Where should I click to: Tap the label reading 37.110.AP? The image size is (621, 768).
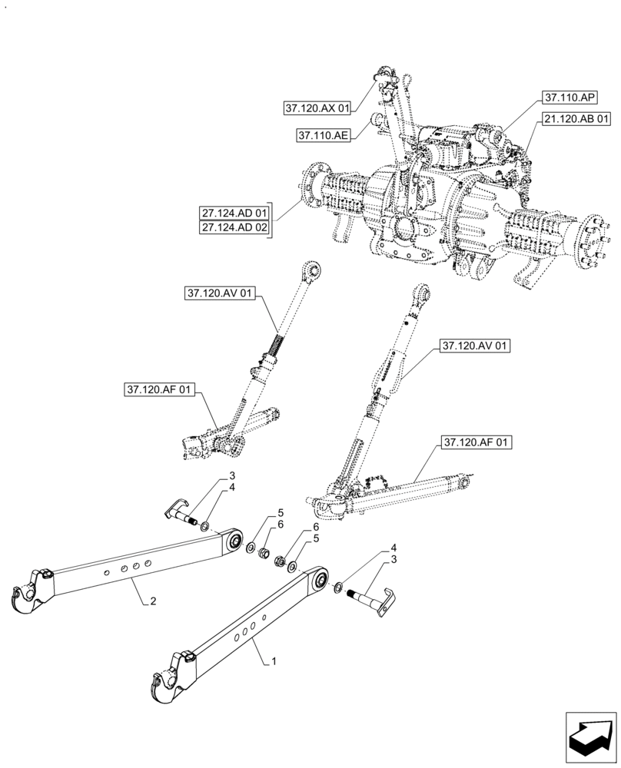pos(569,98)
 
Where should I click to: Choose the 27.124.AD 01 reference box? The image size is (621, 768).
pos(235,212)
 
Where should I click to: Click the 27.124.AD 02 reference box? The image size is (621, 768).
pos(235,229)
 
